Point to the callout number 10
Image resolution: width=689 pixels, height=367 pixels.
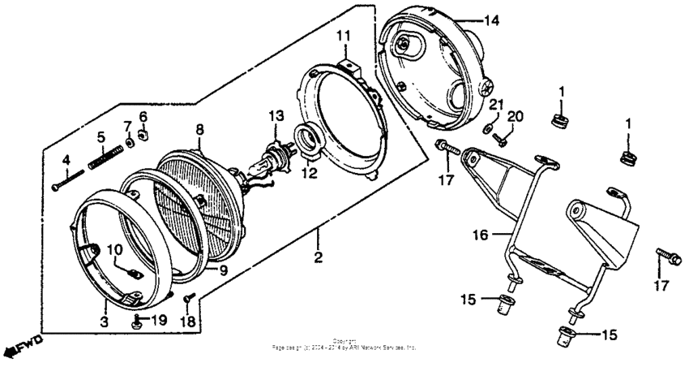(113, 249)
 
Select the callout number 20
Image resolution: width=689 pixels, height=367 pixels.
(512, 117)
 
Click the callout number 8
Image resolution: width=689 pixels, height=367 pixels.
(200, 128)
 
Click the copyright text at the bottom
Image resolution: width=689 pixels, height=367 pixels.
(344, 344)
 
